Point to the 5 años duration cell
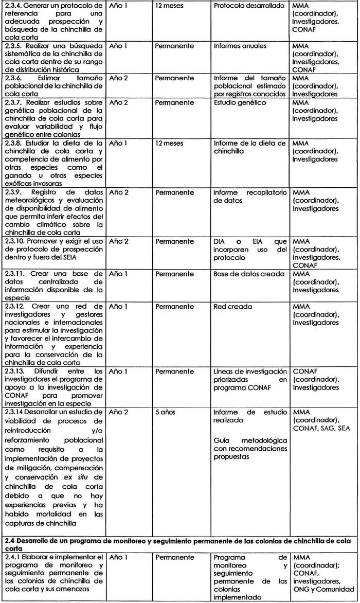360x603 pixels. [x=168, y=412]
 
